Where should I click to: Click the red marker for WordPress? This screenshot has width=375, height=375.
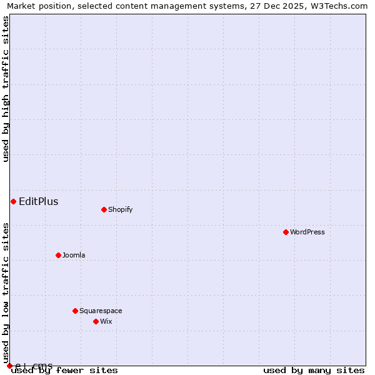pyautogui.click(x=286, y=232)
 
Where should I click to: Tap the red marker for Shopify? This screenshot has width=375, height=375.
pyautogui.click(x=104, y=209)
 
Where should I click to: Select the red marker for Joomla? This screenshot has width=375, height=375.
pyautogui.click(x=58, y=255)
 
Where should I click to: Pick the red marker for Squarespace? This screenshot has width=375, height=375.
pyautogui.click(x=75, y=311)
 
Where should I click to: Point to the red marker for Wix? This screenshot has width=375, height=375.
pyautogui.click(x=96, y=321)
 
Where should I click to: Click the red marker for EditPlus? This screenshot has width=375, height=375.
pyautogui.click(x=13, y=201)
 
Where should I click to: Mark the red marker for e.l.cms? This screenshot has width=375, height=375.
pyautogui.click(x=9, y=366)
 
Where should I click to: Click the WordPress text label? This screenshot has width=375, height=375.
pyautogui.click(x=307, y=232)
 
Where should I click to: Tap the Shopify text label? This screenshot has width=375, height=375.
pyautogui.click(x=121, y=209)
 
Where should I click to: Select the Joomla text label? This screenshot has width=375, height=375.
pyautogui.click(x=74, y=255)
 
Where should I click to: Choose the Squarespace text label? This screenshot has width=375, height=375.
pyautogui.click(x=101, y=311)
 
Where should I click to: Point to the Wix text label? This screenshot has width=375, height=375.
pyautogui.click(x=106, y=321)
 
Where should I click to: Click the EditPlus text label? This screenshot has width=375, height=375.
pyautogui.click(x=39, y=201)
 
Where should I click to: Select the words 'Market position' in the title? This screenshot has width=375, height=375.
pyautogui.click(x=37, y=6)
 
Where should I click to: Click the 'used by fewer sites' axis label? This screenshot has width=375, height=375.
pyautogui.click(x=64, y=371)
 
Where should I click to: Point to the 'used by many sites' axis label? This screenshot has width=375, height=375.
pyautogui.click(x=314, y=371)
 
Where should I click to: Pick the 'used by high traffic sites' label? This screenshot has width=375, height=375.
pyautogui.click(x=6, y=89)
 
